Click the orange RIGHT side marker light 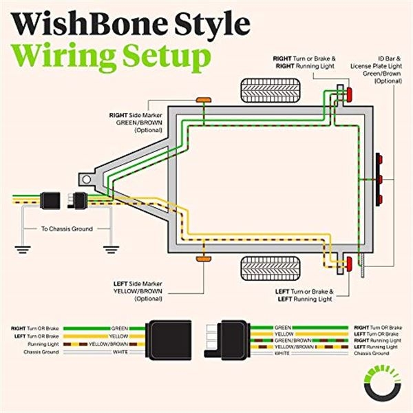[203, 100]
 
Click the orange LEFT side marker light [203, 259]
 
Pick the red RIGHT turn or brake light [348, 94]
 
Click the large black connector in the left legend [166, 339]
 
